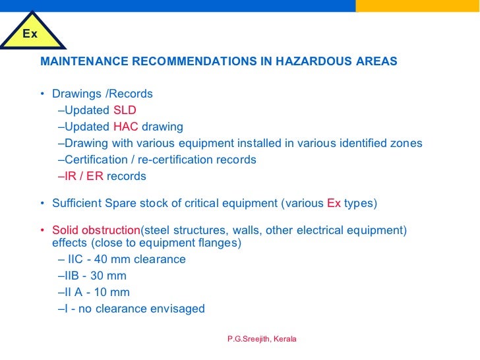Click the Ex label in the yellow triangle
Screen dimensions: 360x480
[31, 33]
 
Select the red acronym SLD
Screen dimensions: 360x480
[125, 110]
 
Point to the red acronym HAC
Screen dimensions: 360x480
[125, 127]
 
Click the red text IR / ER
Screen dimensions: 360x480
[84, 176]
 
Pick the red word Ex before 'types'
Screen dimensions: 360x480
[334, 203]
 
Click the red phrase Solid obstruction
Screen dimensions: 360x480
[96, 230]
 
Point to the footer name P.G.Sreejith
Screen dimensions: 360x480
[247, 339]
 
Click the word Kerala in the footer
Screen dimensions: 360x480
[285, 339]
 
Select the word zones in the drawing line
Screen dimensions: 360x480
[407, 143]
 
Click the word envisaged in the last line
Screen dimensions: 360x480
[179, 309]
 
